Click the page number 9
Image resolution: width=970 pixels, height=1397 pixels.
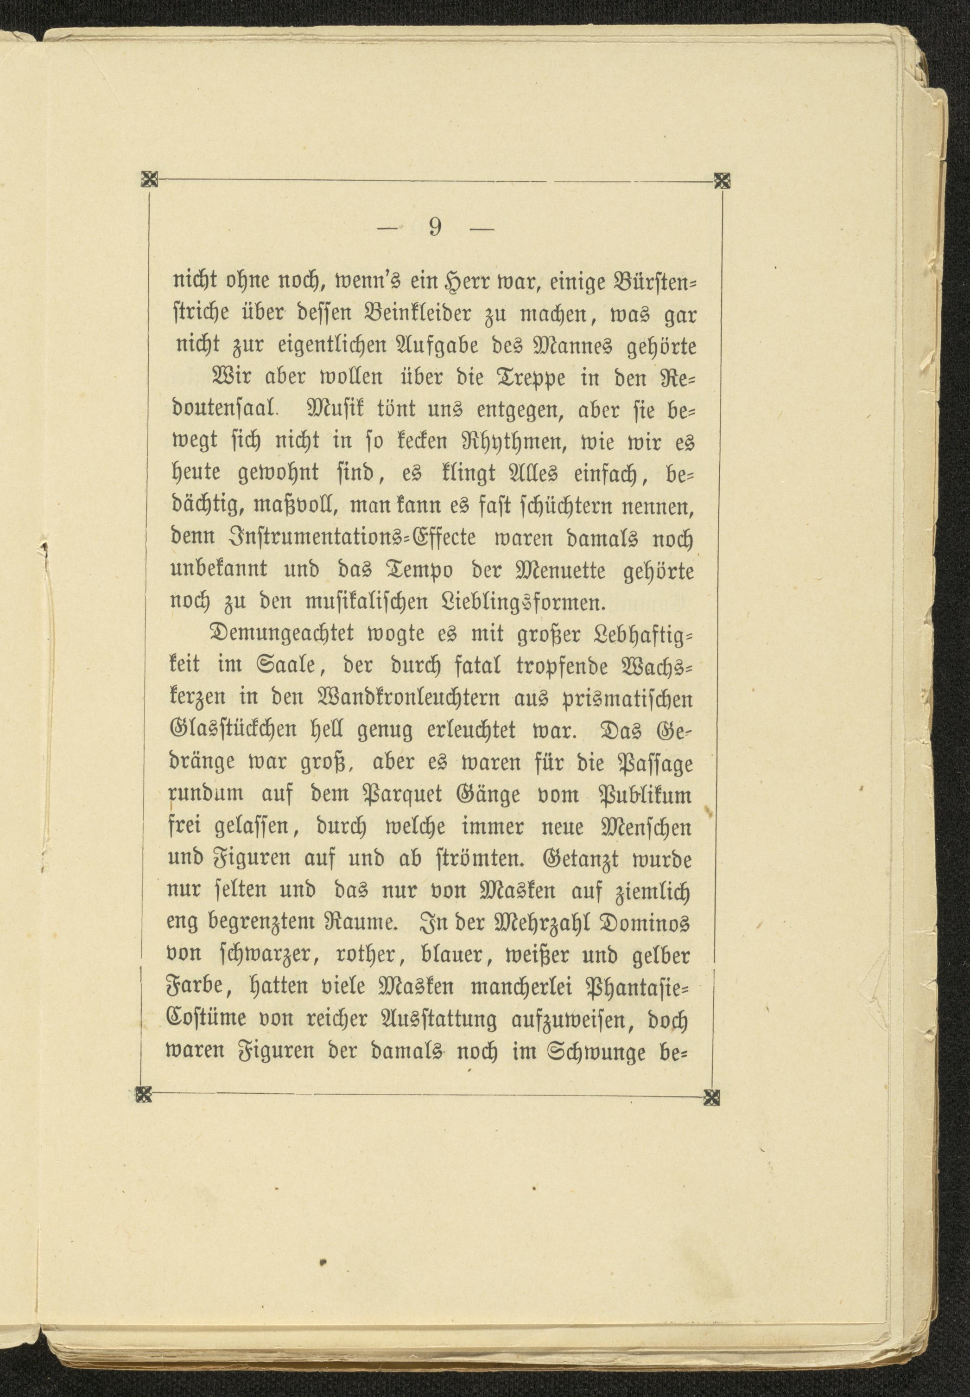[x=435, y=227]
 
